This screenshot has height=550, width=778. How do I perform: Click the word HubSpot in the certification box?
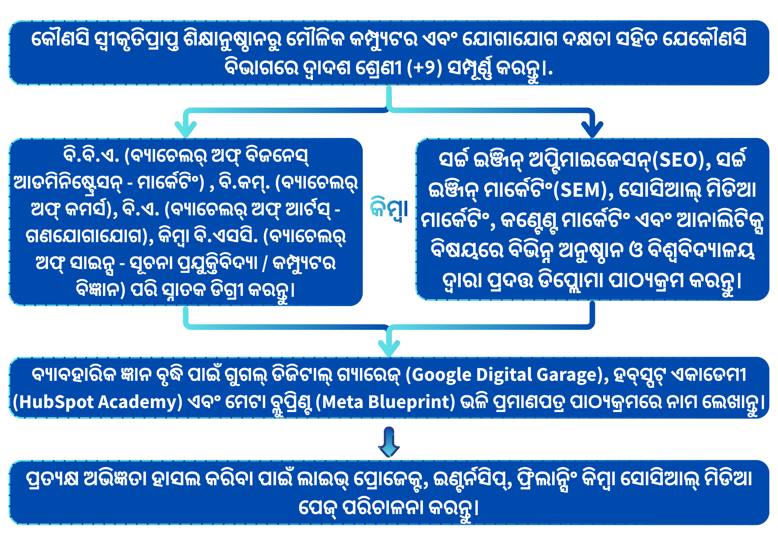coord(56,403)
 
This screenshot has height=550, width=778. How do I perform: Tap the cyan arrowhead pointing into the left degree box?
coord(186,129)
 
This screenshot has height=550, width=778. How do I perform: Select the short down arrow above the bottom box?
coord(389,442)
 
